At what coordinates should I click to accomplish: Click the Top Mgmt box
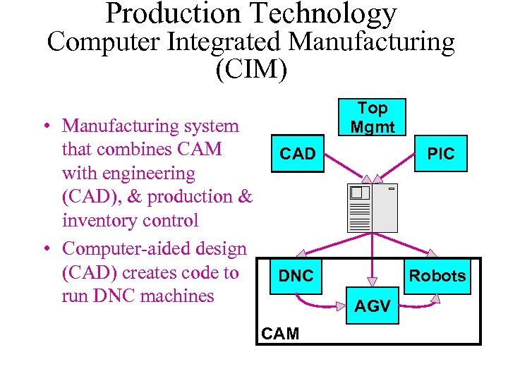tap(372, 118)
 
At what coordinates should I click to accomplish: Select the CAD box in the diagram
tap(298, 154)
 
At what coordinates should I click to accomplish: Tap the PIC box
tap(441, 154)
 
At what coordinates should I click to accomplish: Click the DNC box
tap(296, 276)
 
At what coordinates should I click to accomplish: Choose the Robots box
tap(437, 276)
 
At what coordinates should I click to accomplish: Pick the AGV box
tap(372, 307)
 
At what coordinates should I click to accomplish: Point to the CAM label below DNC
tap(280, 333)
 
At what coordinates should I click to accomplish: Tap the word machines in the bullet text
tap(176, 296)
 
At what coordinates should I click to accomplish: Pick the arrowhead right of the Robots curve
tap(435, 299)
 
